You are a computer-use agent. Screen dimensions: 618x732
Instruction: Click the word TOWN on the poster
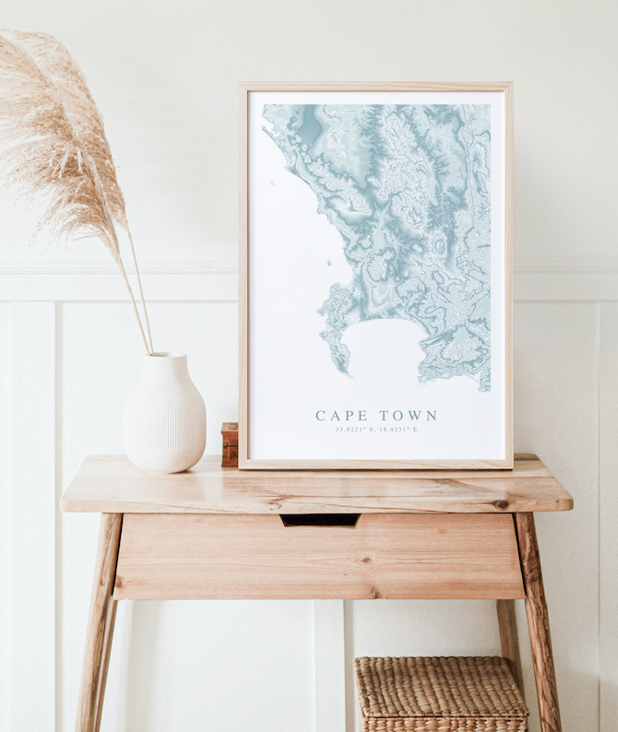click(406, 416)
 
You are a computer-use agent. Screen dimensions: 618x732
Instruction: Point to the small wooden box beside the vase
click(230, 443)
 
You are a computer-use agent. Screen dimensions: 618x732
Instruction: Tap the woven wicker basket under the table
click(441, 693)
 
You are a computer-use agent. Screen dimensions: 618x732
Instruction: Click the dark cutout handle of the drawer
click(320, 520)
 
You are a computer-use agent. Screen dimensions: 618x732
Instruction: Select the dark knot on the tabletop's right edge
click(501, 504)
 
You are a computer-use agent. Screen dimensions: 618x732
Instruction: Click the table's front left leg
click(97, 627)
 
